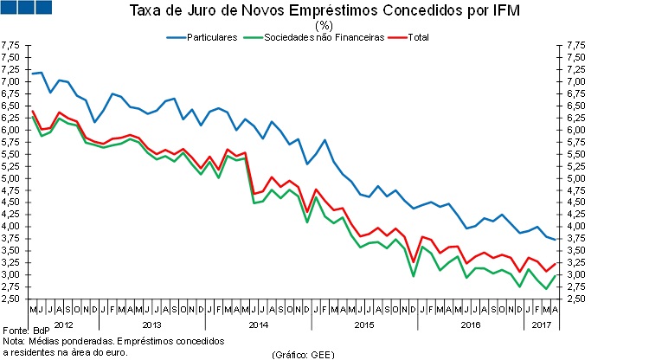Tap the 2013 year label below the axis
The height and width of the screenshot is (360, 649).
[150, 325]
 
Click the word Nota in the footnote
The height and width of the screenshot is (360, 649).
[14, 342]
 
